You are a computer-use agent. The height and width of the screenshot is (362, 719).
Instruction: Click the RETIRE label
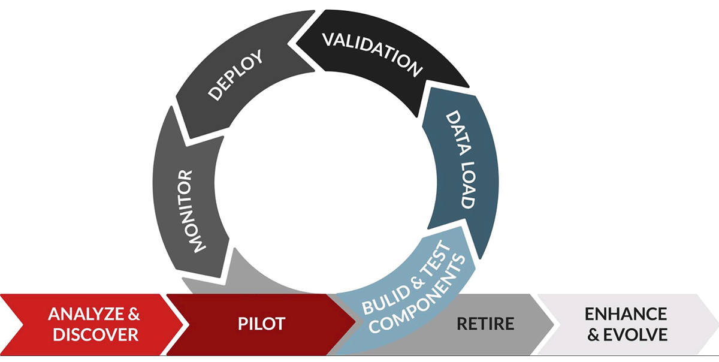point(485,324)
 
